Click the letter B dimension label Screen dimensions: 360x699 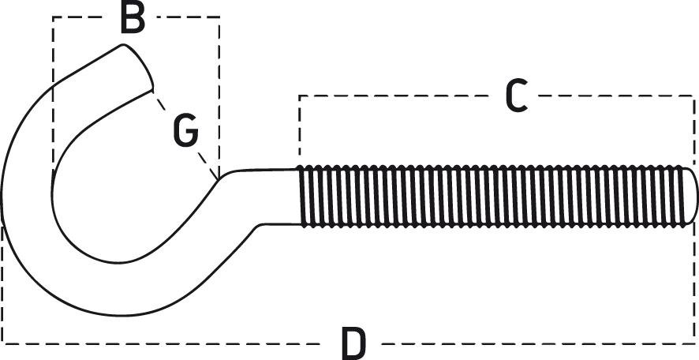pyautogui.click(x=133, y=18)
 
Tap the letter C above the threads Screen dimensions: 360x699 pyautogui.click(x=515, y=96)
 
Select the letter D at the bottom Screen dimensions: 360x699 pyautogui.click(x=354, y=343)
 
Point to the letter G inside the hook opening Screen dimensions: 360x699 pyautogui.click(x=185, y=131)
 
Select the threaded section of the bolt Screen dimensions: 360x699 pyautogui.click(x=489, y=196)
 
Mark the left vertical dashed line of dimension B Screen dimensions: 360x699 pyautogui.click(x=53, y=95)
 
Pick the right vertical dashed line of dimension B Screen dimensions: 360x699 pyautogui.click(x=219, y=95)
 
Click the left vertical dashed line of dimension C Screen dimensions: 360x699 pyautogui.click(x=299, y=126)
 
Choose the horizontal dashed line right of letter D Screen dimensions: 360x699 pyautogui.click(x=536, y=343)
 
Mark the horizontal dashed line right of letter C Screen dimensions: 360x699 pyautogui.click(x=615, y=96)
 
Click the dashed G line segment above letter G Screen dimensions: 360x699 pyautogui.click(x=162, y=102)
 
